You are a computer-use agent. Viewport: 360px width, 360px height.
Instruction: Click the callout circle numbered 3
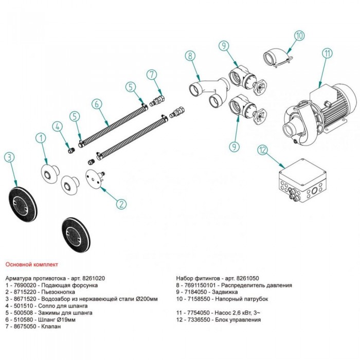click(9, 157)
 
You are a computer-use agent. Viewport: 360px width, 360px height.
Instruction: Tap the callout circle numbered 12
click(263, 150)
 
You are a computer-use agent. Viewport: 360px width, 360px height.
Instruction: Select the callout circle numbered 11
click(327, 53)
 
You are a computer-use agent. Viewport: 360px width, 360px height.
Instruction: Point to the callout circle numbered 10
click(299, 35)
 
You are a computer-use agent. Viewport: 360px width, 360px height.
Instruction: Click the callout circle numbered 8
click(190, 56)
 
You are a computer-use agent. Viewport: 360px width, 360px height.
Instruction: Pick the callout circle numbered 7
click(152, 75)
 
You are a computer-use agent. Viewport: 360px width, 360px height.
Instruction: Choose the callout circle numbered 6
click(97, 104)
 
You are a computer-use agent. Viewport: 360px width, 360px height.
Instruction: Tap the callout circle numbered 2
click(121, 204)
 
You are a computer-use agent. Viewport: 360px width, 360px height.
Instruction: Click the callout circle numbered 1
click(41, 138)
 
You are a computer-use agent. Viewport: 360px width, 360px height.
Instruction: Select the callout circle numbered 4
click(58, 126)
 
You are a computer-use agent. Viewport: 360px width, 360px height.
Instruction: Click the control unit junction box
click(302, 181)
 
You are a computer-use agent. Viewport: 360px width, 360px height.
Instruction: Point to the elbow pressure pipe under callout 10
click(277, 58)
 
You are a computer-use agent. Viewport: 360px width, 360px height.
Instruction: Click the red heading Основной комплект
click(32, 264)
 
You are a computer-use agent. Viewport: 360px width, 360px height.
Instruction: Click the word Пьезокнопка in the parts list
click(58, 292)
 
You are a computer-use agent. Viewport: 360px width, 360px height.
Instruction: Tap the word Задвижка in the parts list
click(225, 292)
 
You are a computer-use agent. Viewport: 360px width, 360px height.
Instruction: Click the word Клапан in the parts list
click(51, 327)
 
